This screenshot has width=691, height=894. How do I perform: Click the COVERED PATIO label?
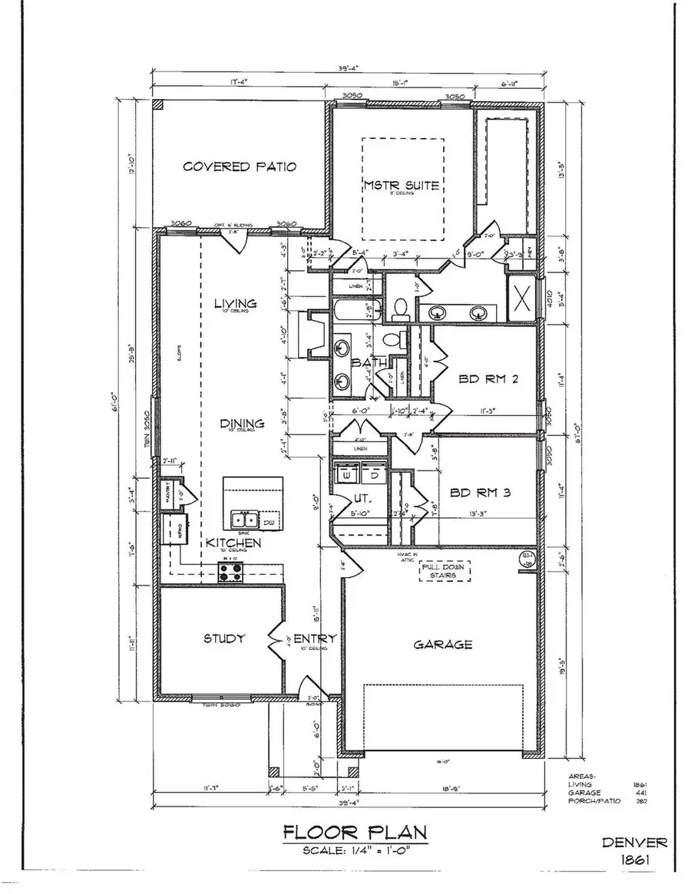240,167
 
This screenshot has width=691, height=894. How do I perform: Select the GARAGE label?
443,645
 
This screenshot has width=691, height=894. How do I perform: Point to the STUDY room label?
224,638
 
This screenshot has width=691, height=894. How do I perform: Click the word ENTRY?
310,638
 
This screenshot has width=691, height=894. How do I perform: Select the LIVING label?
235,304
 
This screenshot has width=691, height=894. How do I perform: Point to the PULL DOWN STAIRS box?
443,570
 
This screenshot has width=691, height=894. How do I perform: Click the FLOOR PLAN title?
354,832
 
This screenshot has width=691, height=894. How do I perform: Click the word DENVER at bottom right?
634,842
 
